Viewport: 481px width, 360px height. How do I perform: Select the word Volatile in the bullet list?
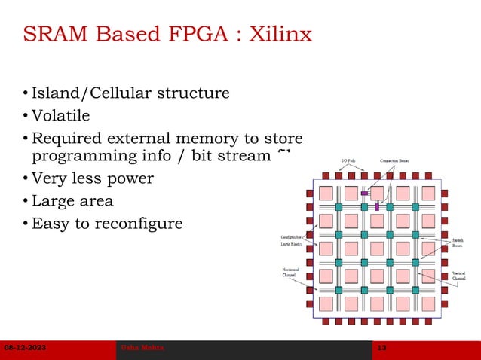(60, 116)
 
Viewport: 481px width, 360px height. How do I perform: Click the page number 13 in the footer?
(381, 347)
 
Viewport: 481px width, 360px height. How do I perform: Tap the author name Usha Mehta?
(142, 347)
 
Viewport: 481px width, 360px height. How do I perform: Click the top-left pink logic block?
(326, 193)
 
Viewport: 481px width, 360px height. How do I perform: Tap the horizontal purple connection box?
(364, 193)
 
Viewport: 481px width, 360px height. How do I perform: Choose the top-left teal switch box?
(339, 206)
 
